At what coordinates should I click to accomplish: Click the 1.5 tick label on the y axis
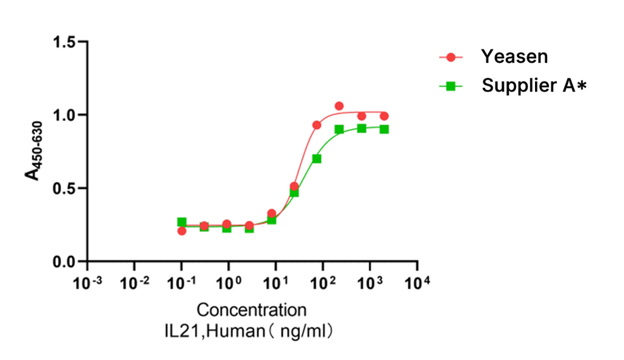tap(64, 42)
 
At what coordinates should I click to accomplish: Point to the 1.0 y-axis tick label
tap(64, 115)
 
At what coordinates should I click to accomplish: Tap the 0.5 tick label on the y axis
tap(64, 188)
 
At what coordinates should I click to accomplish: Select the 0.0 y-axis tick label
tap(64, 262)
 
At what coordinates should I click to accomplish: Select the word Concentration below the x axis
tap(252, 309)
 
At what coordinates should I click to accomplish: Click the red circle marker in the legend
tap(451, 57)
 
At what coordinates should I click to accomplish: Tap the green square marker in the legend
tap(451, 86)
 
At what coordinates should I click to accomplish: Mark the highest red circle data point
tap(339, 106)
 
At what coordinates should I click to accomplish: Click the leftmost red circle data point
tap(182, 231)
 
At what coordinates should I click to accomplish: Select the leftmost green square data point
tap(182, 222)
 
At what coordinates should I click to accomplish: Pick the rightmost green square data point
tap(385, 129)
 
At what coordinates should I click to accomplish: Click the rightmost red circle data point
tap(385, 116)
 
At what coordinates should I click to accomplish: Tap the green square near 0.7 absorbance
tap(317, 158)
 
